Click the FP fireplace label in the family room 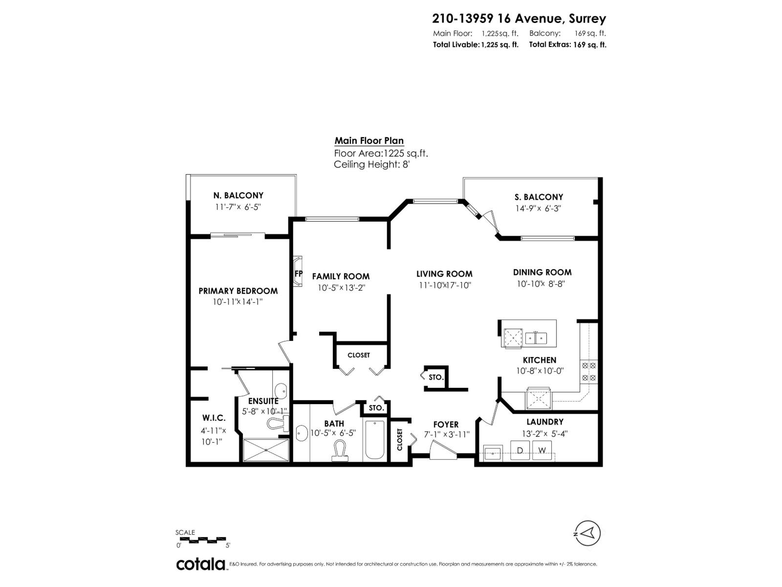(298, 273)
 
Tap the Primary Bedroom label (238, 291)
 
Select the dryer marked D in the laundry (520, 450)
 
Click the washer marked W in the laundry (542, 450)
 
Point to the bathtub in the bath (375, 440)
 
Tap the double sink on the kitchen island (536, 338)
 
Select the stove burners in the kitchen (588, 371)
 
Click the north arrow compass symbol (588, 533)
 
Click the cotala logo (201, 564)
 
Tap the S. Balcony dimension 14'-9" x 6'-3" (539, 208)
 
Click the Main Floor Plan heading (369, 141)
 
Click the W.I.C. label (214, 418)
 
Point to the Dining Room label (542, 272)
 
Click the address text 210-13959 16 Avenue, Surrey (519, 19)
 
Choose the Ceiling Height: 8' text (371, 164)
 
